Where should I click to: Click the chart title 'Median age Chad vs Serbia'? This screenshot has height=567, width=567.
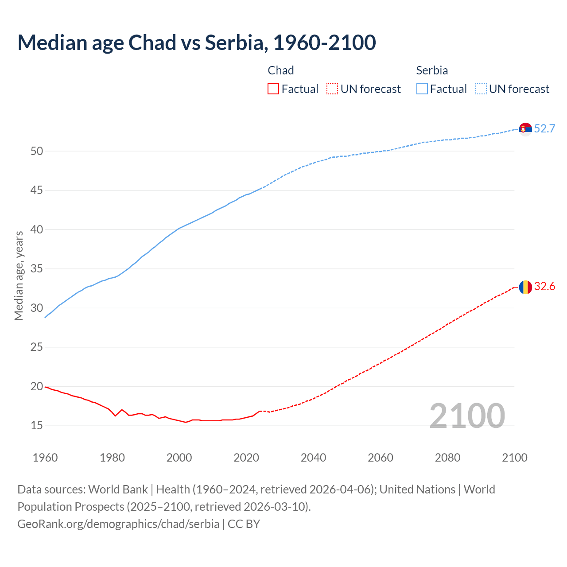tap(197, 43)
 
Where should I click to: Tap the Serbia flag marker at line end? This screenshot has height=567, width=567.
tap(525, 129)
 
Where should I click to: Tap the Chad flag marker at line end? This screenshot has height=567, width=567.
tap(525, 287)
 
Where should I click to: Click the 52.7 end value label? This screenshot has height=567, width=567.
tap(544, 128)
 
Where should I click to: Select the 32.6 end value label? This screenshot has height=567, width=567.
tap(544, 287)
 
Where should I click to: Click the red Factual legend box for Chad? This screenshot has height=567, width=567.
tap(273, 89)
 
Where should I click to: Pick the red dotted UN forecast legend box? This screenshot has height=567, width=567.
tap(332, 89)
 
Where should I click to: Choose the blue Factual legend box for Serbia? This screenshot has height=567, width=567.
tap(422, 89)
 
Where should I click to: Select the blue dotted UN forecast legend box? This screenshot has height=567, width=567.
tap(481, 89)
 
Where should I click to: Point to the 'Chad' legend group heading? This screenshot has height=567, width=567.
tap(281, 70)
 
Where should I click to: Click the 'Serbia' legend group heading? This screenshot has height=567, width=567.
tap(432, 70)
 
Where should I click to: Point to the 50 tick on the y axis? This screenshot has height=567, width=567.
tap(37, 151)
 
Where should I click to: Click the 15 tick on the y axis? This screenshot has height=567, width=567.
tap(37, 426)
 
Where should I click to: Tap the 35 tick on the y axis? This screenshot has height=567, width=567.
tap(37, 269)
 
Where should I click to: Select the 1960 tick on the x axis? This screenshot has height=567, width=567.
tap(45, 458)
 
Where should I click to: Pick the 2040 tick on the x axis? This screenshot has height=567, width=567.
tap(313, 458)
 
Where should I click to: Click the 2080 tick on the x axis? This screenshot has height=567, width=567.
tap(447, 458)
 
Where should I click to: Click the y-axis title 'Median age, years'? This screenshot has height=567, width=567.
tap(19, 276)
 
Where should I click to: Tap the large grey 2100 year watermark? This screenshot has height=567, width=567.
tap(467, 416)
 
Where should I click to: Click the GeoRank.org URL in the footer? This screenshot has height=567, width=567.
tap(118, 524)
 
